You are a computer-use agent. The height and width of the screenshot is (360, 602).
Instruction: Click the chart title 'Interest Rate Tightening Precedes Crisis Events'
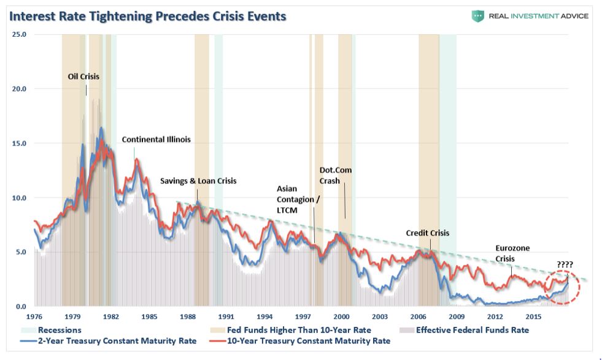147,16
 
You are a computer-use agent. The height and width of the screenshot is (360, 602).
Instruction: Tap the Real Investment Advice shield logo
477,16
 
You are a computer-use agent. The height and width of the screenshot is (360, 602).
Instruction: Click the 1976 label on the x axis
34,316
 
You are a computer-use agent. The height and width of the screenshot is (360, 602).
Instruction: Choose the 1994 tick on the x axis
265,316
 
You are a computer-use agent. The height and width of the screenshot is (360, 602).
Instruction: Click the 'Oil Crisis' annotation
83,77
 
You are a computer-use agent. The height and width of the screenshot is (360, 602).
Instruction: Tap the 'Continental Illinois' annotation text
156,139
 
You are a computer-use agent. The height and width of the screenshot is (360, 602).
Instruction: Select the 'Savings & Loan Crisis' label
198,181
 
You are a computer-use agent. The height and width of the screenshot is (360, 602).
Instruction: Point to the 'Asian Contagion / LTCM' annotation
298,199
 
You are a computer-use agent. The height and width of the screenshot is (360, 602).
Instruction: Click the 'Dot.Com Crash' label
336,175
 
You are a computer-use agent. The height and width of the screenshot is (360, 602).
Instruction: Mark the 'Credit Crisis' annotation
428,233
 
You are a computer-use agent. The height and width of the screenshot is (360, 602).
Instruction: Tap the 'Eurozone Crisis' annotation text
512,253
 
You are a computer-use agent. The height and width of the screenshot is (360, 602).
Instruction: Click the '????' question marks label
565,265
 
